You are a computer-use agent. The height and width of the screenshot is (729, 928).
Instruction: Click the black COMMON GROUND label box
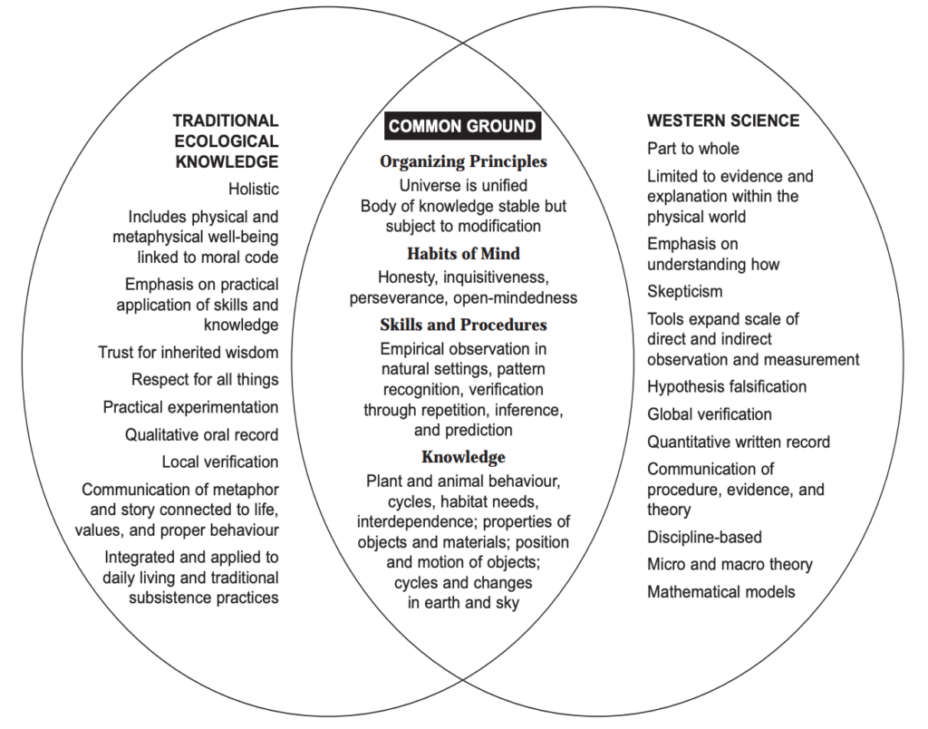click(463, 125)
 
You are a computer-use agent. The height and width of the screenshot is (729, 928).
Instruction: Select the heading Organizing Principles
click(463, 161)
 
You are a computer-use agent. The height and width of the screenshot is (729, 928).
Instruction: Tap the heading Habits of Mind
click(463, 254)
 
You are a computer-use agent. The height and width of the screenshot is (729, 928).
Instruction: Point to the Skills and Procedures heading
click(463, 325)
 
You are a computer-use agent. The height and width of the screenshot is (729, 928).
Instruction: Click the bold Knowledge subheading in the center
click(463, 457)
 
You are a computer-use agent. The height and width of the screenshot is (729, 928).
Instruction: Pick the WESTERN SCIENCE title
click(723, 121)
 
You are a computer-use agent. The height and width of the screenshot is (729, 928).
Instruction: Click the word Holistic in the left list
click(254, 189)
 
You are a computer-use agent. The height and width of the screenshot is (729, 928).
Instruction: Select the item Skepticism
click(685, 291)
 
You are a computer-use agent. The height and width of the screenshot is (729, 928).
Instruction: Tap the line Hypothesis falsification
click(727, 386)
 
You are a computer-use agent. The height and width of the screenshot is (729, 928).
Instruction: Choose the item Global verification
click(710, 414)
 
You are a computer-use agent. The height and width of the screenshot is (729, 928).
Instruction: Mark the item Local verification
click(220, 462)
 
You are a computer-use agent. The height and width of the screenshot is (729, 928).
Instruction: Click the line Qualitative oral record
click(201, 434)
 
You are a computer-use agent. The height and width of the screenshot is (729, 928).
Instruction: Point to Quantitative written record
click(739, 442)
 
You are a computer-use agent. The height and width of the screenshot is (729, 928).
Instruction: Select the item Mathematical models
click(720, 591)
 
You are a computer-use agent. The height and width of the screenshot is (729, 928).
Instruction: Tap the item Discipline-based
click(704, 537)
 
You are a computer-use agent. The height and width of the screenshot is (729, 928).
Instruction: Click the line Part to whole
click(693, 148)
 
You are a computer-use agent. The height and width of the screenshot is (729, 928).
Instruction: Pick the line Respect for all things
click(205, 380)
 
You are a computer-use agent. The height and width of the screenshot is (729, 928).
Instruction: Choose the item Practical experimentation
click(190, 407)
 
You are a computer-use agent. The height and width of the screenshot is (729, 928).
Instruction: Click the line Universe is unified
click(463, 185)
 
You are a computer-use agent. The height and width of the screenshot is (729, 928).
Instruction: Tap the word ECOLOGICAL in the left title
click(226, 141)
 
